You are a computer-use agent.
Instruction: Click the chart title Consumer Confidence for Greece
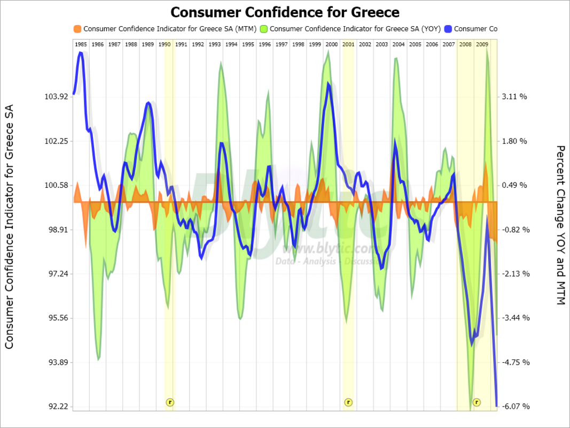click(x=285, y=12)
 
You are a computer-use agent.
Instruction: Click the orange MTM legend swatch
click(x=77, y=29)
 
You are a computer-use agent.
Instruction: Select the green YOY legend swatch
click(x=263, y=29)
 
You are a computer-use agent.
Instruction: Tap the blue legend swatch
click(x=447, y=29)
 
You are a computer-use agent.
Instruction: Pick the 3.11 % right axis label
click(x=515, y=97)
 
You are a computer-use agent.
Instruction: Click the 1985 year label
click(x=81, y=44)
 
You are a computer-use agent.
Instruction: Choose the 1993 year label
click(x=215, y=44)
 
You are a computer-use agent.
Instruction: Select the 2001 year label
click(x=348, y=44)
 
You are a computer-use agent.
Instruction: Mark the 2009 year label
click(x=482, y=44)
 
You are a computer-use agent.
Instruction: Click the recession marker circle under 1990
click(x=170, y=402)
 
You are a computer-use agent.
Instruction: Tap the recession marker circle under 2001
click(x=348, y=402)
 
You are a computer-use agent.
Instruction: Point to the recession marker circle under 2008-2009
click(x=476, y=402)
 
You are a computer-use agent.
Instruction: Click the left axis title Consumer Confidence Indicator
click(x=10, y=227)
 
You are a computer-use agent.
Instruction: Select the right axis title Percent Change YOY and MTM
click(x=560, y=225)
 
